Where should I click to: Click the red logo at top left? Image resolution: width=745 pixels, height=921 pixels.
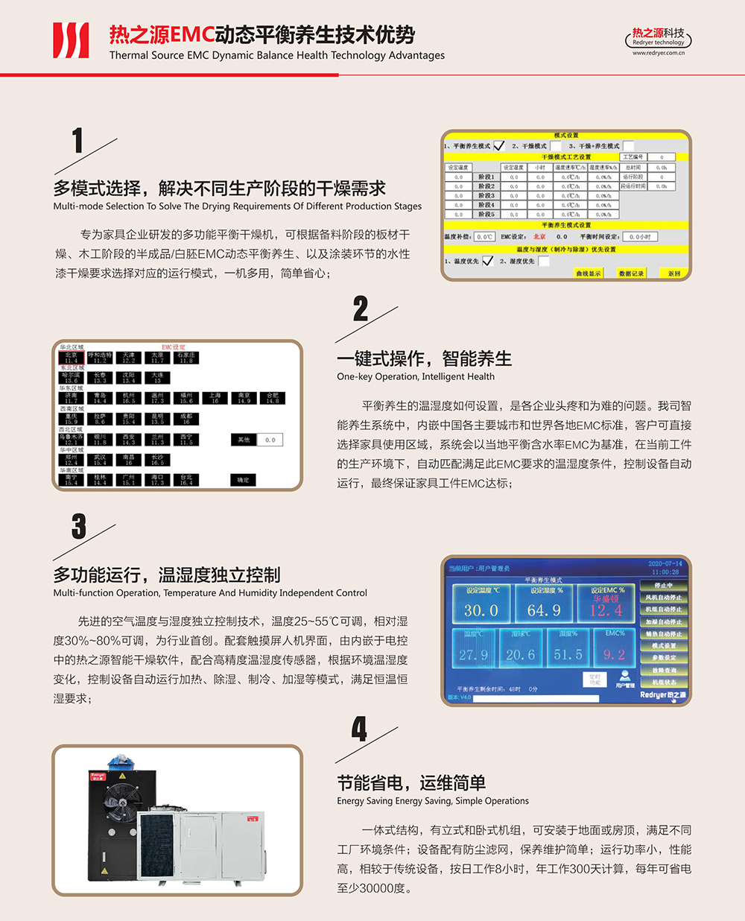71,40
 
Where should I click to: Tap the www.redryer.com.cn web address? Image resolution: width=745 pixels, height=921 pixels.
659,53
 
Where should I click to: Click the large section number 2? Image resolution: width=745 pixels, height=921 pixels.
361,308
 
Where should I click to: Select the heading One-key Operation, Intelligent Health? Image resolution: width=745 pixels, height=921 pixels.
415,376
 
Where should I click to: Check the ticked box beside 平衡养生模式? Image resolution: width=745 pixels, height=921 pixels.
498,146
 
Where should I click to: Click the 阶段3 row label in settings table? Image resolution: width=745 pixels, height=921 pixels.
486,195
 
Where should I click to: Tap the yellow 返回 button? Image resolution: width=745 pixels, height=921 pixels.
673,273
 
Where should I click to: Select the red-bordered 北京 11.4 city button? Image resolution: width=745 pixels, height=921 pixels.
71,358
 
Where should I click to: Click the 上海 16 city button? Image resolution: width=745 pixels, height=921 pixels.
215,399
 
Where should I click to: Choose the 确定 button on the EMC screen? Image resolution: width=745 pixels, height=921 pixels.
244,481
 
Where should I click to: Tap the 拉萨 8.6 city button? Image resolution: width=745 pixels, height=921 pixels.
100,420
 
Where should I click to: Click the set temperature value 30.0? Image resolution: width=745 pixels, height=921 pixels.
481,610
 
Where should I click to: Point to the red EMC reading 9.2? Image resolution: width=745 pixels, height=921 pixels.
614,655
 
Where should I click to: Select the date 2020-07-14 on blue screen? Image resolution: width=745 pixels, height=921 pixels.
665,564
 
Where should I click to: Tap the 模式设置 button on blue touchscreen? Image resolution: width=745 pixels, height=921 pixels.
663,646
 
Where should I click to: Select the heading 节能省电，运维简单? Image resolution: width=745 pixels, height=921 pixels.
411,783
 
